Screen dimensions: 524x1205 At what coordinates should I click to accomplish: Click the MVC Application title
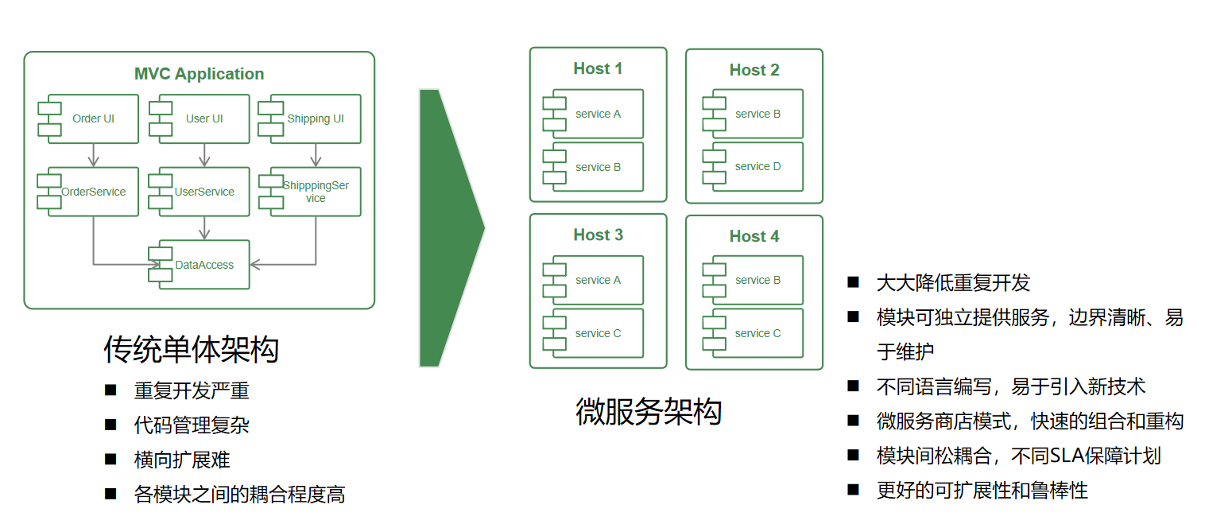pyautogui.click(x=199, y=74)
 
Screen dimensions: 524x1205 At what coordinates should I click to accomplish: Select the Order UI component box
pyautogui.click(x=93, y=118)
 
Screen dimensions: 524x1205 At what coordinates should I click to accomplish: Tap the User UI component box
pyautogui.click(x=204, y=118)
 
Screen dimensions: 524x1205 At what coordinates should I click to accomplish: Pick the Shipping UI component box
pyautogui.click(x=316, y=118)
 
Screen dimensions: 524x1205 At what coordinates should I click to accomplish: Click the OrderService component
pyautogui.click(x=93, y=192)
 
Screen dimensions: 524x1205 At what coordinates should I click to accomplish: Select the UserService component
pyautogui.click(x=204, y=192)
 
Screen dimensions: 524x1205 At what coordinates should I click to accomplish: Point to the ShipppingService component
pyautogui.click(x=316, y=192)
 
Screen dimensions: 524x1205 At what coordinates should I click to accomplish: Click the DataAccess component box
pyautogui.click(x=204, y=265)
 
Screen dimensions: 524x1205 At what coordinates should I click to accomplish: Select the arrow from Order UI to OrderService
pyautogui.click(x=93, y=155)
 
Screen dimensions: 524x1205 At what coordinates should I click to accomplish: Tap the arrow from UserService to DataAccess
pyautogui.click(x=204, y=228)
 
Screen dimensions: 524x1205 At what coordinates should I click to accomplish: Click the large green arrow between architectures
pyautogui.click(x=445, y=228)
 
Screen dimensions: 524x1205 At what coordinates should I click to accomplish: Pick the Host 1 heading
pyautogui.click(x=598, y=69)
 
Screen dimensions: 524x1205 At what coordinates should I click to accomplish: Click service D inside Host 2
pyautogui.click(x=757, y=167)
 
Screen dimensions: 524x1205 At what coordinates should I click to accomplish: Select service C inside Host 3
pyautogui.click(x=598, y=333)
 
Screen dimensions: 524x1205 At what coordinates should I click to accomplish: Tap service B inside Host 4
pyautogui.click(x=757, y=280)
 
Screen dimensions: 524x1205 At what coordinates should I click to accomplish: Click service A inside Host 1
pyautogui.click(x=598, y=114)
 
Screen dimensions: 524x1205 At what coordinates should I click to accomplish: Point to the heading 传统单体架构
pyautogui.click(x=191, y=349)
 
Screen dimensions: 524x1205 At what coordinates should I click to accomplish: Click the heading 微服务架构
pyautogui.click(x=648, y=412)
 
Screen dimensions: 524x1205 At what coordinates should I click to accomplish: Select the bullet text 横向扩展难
pyautogui.click(x=182, y=460)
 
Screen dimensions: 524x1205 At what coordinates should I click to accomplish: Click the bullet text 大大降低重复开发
pyautogui.click(x=952, y=283)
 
